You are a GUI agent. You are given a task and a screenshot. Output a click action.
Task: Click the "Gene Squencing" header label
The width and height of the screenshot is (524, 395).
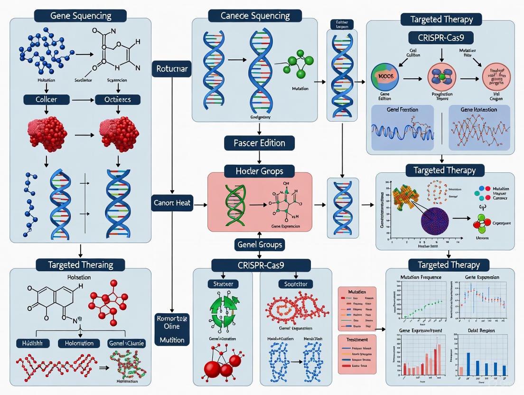pos(80,15)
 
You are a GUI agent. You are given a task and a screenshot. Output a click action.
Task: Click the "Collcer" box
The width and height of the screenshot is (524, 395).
pos(47,100)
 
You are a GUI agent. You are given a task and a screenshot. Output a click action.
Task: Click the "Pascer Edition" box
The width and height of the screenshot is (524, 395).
pos(259,143)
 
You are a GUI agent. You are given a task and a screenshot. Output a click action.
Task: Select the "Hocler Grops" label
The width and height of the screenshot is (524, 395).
pos(259,170)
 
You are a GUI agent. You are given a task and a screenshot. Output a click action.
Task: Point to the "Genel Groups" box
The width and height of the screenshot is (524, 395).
pos(259,245)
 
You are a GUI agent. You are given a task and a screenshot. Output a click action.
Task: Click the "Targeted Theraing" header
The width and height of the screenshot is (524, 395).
pos(80,264)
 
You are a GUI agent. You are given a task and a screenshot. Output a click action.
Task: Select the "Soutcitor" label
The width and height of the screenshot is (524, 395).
pos(295,284)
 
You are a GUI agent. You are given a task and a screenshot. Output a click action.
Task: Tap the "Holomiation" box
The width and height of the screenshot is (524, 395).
pos(79,343)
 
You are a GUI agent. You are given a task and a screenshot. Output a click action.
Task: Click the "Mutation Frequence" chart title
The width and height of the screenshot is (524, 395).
pos(421,277)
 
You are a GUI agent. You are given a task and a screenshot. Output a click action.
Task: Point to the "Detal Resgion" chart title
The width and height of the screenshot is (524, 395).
pos(480,330)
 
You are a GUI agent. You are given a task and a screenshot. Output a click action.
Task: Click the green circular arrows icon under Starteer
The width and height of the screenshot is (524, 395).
pos(223,311)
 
